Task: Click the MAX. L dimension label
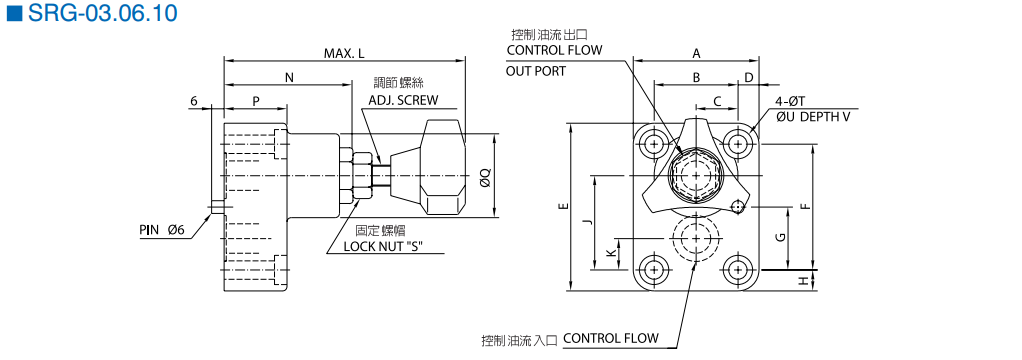point(344,53)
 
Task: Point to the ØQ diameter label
point(484,176)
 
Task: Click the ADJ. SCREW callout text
point(403,100)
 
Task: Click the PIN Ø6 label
point(162,230)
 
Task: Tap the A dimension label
point(696,53)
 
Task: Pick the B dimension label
point(696,78)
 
